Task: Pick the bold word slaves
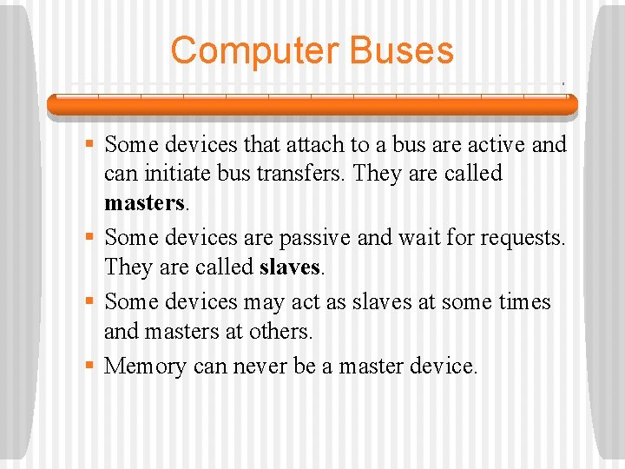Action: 289,267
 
